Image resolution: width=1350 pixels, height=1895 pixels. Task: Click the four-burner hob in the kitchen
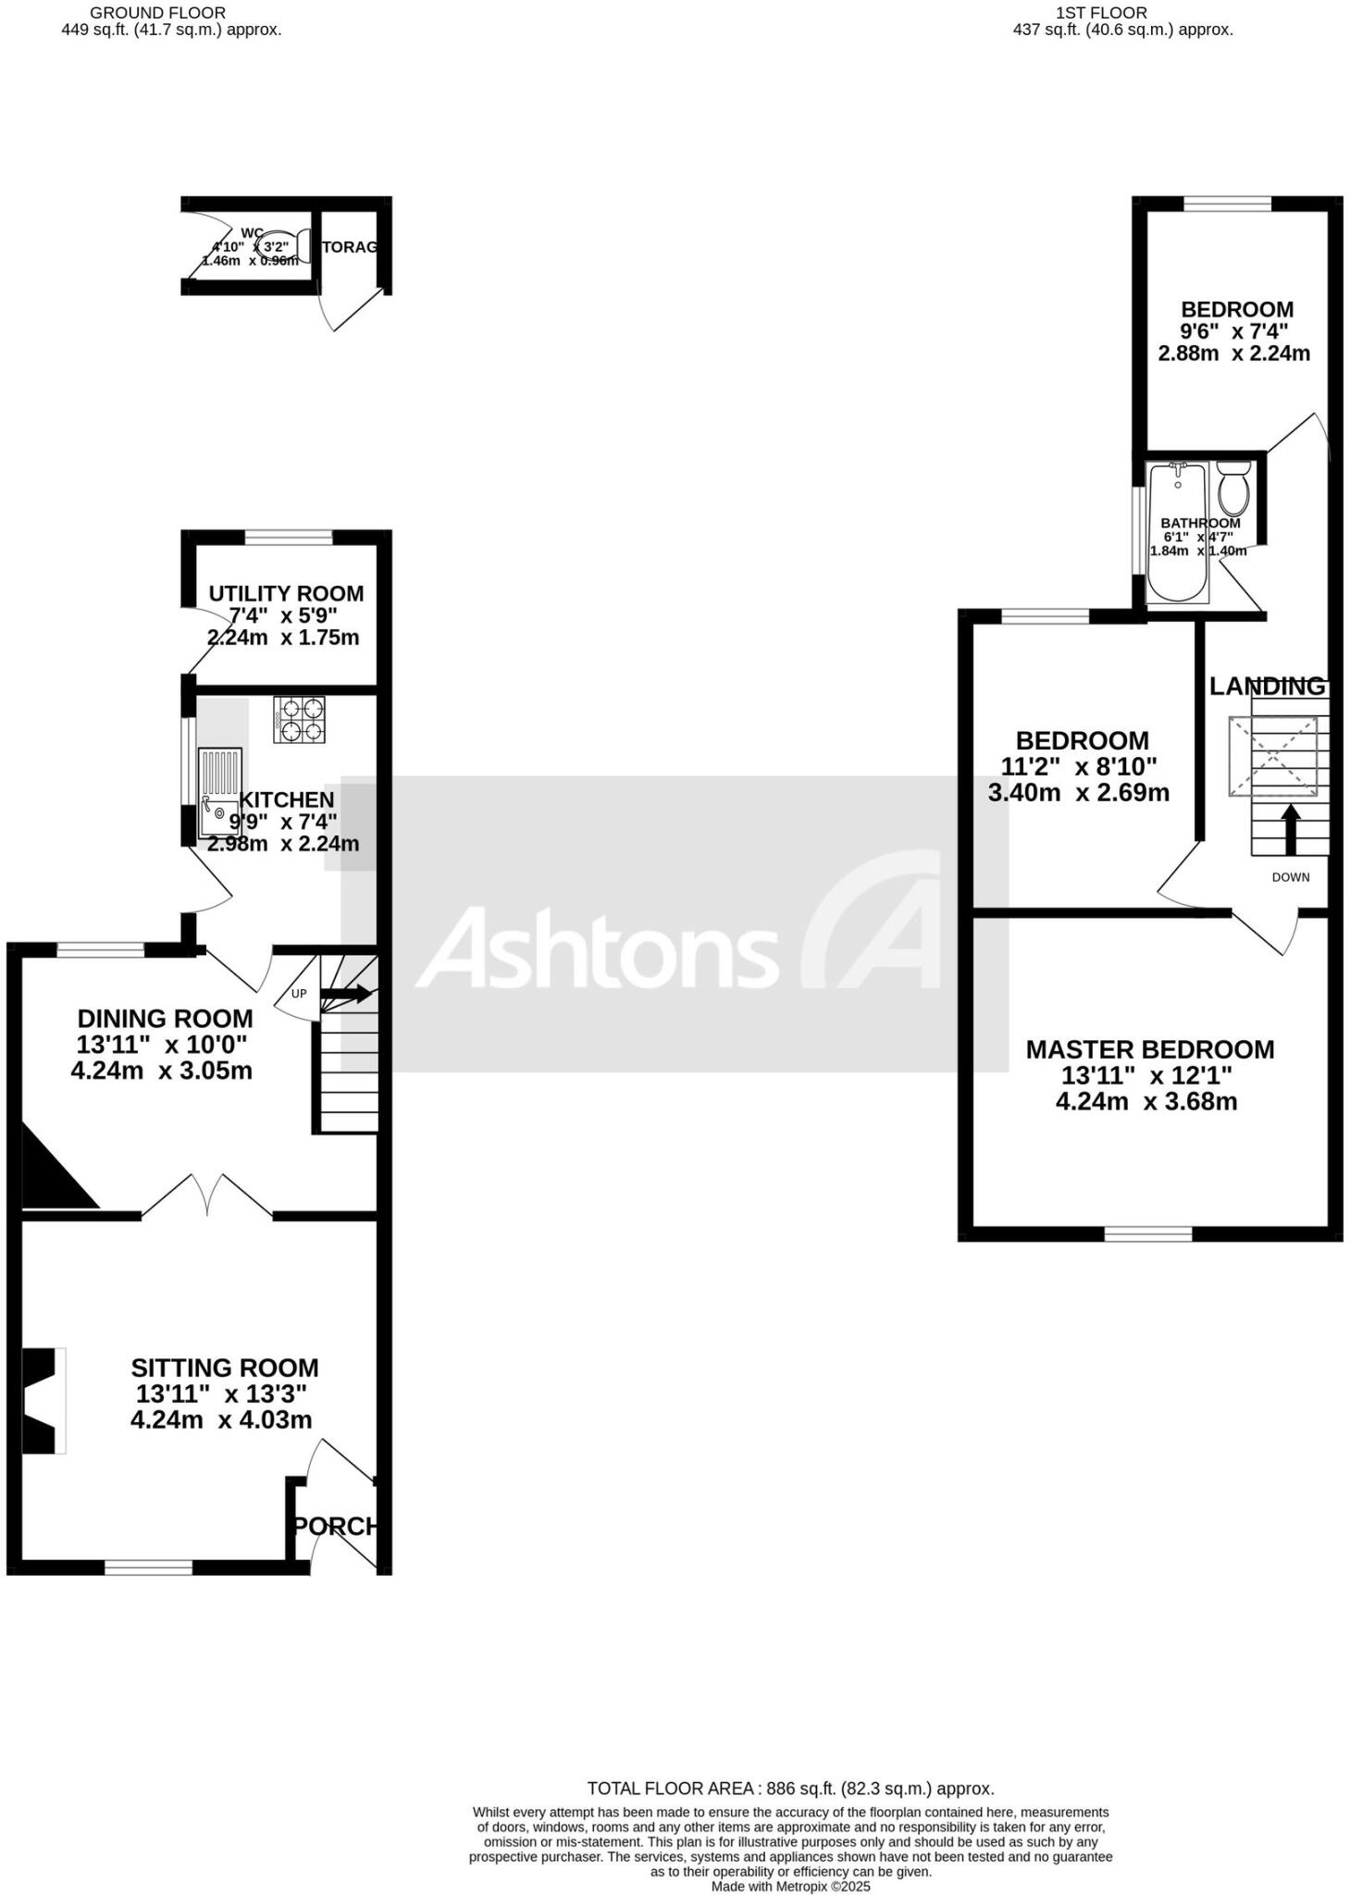click(300, 720)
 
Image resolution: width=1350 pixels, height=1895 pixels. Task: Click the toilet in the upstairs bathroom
click(1233, 489)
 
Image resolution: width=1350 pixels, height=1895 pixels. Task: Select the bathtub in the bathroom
click(1177, 534)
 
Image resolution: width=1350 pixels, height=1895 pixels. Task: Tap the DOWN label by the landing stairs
click(1290, 877)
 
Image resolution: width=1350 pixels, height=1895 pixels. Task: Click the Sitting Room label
click(224, 1368)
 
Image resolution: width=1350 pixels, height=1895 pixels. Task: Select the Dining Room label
click(165, 1019)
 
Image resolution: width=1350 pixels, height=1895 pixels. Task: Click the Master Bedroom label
click(1149, 1049)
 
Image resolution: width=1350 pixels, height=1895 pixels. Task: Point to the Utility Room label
click(286, 593)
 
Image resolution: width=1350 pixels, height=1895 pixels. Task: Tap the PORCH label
click(337, 1526)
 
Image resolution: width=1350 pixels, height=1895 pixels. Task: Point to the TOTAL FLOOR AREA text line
click(790, 1789)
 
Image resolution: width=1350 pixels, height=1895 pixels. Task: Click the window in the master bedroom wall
click(1148, 1233)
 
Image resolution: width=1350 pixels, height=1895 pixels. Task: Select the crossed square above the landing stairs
click(1272, 756)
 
